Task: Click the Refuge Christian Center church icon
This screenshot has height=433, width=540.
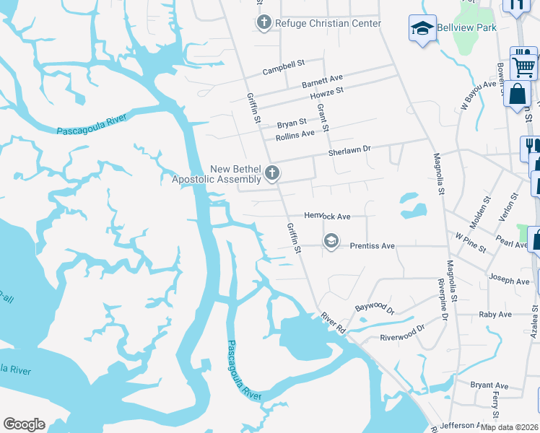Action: click(x=264, y=23)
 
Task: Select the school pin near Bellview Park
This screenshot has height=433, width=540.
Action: click(x=422, y=29)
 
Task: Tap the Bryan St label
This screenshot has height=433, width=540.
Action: click(x=292, y=124)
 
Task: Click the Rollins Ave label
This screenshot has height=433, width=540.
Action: click(x=295, y=134)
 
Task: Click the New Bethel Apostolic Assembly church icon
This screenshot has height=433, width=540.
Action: click(x=272, y=173)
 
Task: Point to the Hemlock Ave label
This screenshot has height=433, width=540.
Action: click(x=327, y=216)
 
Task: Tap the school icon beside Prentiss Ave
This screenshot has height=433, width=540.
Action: click(x=331, y=240)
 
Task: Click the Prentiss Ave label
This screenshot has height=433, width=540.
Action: click(x=372, y=246)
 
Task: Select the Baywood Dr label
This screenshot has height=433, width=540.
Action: click(x=375, y=308)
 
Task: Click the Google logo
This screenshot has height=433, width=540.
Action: click(x=24, y=424)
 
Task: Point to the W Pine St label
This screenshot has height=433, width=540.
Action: click(x=470, y=239)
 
